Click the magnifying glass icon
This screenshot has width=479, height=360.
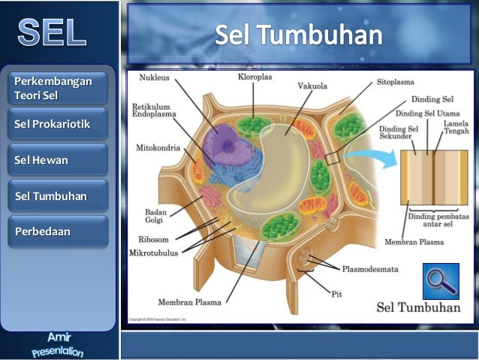pyautogui.click(x=441, y=281)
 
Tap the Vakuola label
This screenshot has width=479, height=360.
pyautogui.click(x=311, y=86)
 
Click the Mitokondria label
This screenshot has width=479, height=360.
pyautogui.click(x=158, y=148)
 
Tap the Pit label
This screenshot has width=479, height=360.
pyautogui.click(x=336, y=294)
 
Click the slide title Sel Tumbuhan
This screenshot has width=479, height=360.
pyautogui.click(x=299, y=35)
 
